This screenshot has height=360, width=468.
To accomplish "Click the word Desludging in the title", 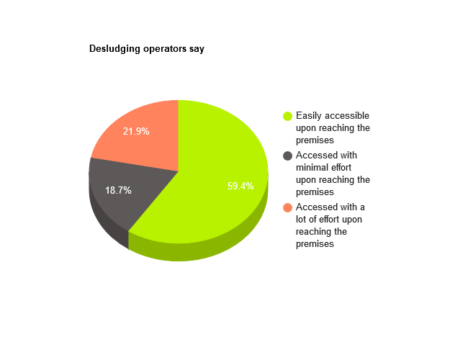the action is tap(114, 49).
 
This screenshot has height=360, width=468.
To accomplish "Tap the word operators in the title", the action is tap(165, 49).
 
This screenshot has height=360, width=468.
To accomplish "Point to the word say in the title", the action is tap(197, 50).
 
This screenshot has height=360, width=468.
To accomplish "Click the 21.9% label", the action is tap(136, 131).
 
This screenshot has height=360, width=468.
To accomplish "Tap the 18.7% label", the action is tap(118, 191).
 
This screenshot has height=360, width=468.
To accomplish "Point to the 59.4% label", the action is tap(240, 186).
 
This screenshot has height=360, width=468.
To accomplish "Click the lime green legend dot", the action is tap(287, 116).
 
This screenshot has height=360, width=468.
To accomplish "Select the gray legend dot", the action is tap(287, 156).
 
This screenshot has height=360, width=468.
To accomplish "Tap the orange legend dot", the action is tap(287, 207).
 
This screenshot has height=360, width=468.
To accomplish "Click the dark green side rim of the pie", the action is tap(209, 250).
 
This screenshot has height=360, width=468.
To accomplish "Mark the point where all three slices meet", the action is tap(179, 171).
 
